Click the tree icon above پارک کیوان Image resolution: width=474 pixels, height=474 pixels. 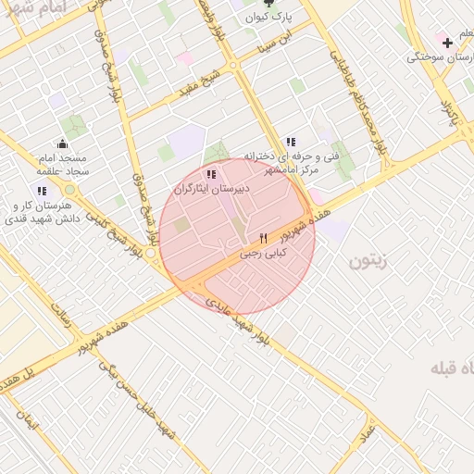tap(269, 3)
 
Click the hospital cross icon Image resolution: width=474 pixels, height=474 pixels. tap(448, 43)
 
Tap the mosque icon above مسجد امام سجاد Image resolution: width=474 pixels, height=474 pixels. tap(61, 143)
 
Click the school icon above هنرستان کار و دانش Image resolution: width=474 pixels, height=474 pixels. tap(42, 191)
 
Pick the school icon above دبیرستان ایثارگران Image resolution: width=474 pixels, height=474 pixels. tap(211, 173)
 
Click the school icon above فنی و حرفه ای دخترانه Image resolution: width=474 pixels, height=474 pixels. tap(291, 142)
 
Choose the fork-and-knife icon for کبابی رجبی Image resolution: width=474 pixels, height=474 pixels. tap(264, 238)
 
